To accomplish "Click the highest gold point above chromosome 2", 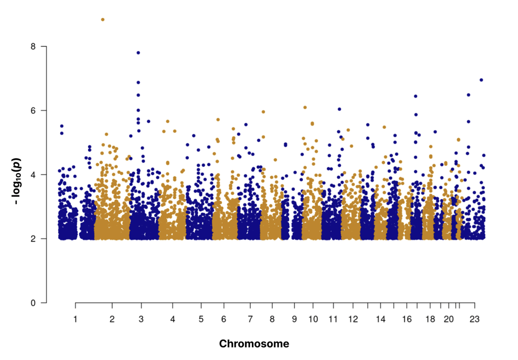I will click(x=103, y=20).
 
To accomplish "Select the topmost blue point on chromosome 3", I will click(x=138, y=53).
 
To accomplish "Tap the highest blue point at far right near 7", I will click(x=482, y=80).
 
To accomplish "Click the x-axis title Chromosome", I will click(x=254, y=344).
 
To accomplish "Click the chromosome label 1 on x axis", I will click(x=75, y=319).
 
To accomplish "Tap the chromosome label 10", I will click(x=313, y=319).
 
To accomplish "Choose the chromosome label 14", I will click(x=381, y=319).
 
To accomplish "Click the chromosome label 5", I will click(x=201, y=319).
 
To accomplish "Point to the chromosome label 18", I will click(x=430, y=319).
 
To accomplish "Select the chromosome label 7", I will click(x=250, y=319).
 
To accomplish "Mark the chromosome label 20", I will click(x=448, y=319).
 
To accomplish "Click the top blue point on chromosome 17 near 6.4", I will click(x=416, y=96).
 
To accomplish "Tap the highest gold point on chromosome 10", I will click(x=305, y=108).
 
